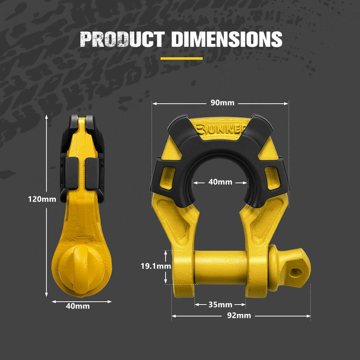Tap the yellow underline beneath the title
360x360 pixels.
(181, 58)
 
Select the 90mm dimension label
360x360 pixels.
(222, 103)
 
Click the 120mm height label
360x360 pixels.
(42, 199)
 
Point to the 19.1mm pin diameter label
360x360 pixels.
(156, 266)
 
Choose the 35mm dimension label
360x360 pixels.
(220, 305)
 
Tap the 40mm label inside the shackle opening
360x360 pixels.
(220, 182)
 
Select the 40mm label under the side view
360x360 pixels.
(78, 306)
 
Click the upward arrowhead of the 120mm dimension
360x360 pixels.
(46, 117)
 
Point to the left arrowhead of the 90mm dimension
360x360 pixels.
(154, 103)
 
